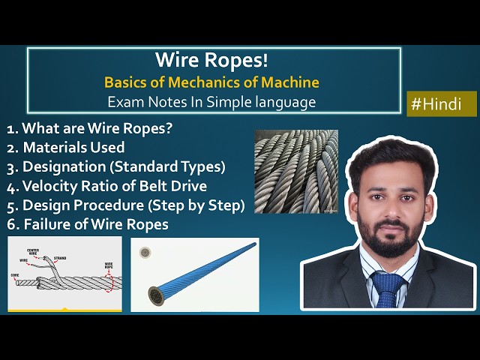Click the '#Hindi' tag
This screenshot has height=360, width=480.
pos(442,104)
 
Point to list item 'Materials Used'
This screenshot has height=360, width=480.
pos(73,147)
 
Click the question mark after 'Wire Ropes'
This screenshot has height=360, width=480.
pos(169,128)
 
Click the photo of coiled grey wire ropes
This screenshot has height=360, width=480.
pos(295,171)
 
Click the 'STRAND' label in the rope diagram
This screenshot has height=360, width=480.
pos(59,259)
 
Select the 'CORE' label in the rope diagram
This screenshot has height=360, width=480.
pos(14,276)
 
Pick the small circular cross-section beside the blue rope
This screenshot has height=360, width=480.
pos(142,254)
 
